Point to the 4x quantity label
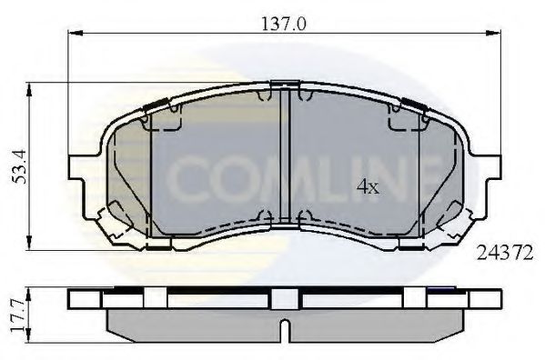coord(367,188)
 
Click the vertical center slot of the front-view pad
coord(287,155)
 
